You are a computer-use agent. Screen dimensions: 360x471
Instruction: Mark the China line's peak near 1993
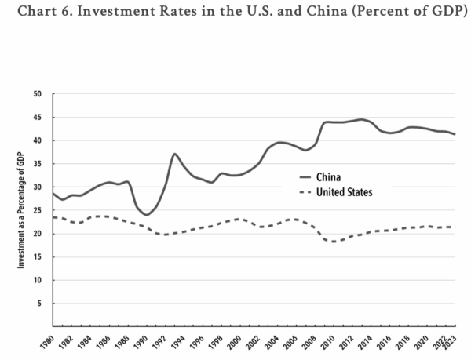(174, 154)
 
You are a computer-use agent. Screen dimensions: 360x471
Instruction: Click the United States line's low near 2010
(336, 242)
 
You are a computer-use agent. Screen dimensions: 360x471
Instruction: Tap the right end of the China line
(455, 135)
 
